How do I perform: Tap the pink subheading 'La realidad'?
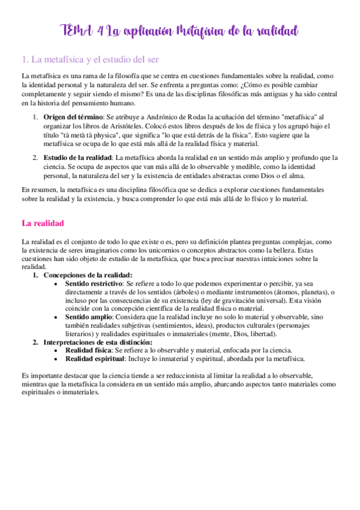click(x=43, y=223)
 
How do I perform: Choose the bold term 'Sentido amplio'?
click(x=87, y=316)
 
